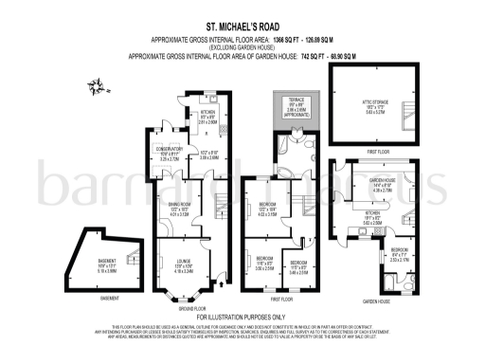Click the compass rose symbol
coord(99,89)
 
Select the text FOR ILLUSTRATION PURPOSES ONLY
coord(242,316)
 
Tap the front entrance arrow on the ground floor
coord(224,282)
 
